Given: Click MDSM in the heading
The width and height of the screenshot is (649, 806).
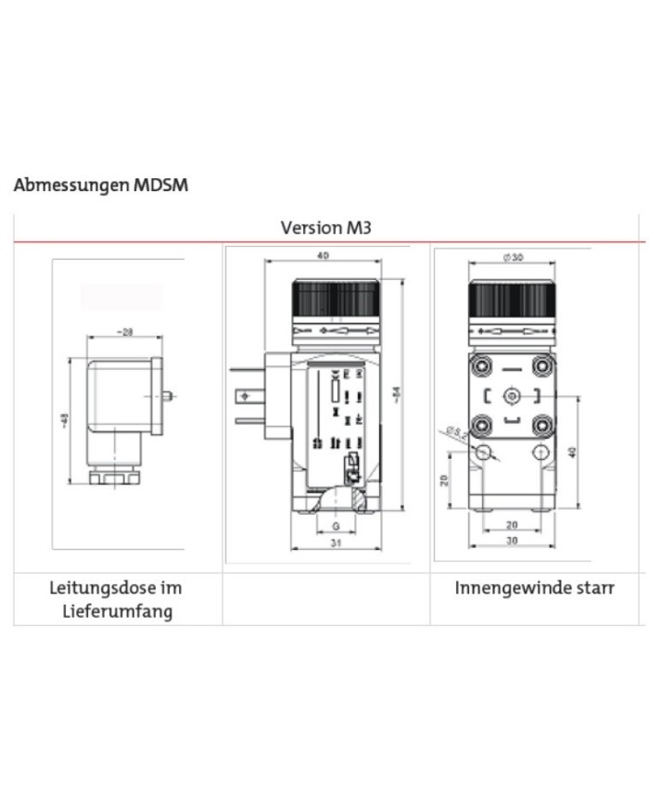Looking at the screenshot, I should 160,186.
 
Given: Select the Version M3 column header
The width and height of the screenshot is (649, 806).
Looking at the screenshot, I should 325,227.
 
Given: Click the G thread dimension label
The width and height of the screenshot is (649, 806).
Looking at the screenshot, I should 333,526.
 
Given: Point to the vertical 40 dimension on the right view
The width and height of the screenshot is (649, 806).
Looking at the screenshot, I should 572,452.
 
